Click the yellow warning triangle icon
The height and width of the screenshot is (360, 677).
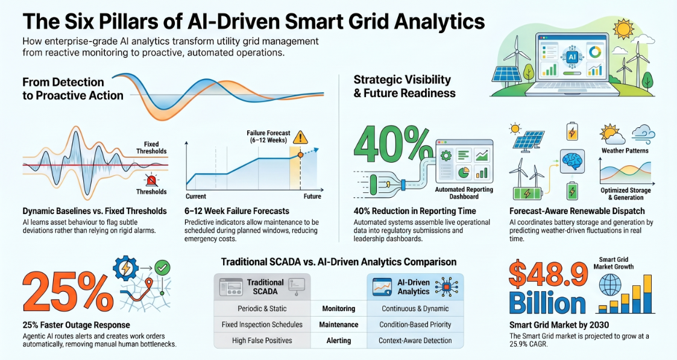(300, 137)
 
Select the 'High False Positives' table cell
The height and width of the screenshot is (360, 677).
(262, 341)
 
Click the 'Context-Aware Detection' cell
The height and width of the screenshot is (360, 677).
(415, 341)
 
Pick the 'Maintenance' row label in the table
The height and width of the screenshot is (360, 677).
(339, 324)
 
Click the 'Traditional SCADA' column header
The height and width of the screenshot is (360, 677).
(262, 287)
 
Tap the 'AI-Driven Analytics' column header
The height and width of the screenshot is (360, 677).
(415, 287)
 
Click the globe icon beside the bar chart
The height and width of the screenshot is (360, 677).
(611, 286)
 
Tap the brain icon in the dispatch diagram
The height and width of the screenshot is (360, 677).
(573, 162)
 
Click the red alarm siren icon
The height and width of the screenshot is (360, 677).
(151, 180)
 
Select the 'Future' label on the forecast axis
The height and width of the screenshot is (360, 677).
(312, 197)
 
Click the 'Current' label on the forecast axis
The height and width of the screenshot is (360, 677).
(195, 197)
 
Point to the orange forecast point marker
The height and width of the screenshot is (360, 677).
(300, 155)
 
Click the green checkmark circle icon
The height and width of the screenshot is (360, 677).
(162, 268)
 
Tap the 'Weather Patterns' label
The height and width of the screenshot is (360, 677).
(625, 151)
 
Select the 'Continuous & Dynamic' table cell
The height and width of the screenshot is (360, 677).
(415, 309)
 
